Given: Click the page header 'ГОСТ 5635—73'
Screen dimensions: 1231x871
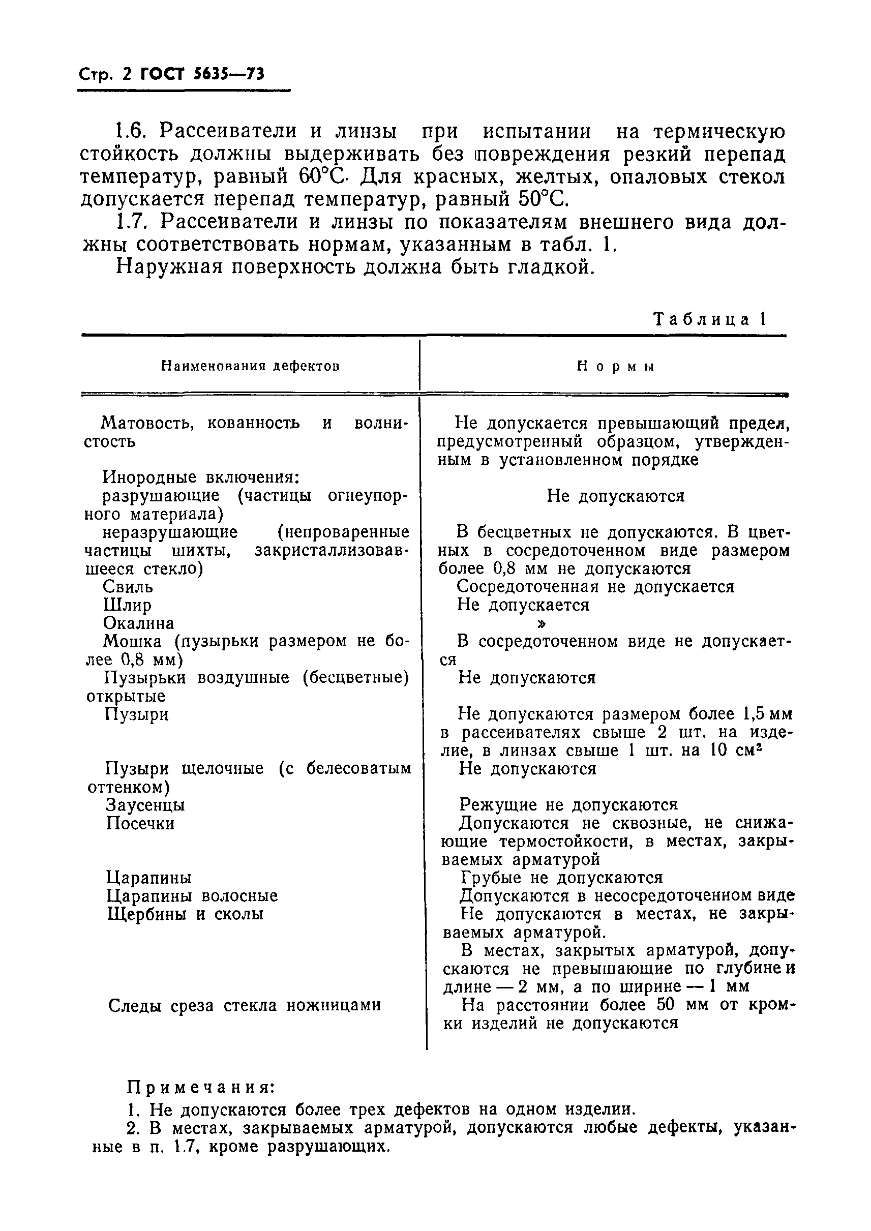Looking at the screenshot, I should point(202,75).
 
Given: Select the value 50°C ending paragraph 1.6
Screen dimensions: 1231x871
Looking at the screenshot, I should point(542,199).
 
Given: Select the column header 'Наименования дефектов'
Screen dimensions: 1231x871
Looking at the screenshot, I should point(250,367).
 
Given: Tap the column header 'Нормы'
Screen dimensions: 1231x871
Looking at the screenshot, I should point(615,367).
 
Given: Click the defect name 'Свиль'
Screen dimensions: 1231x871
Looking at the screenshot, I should point(128,587).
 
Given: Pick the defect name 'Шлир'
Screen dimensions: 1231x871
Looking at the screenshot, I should point(127,605).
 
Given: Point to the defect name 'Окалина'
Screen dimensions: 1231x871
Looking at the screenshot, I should point(138,623).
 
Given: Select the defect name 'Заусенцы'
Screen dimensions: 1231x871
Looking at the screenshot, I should point(145,805).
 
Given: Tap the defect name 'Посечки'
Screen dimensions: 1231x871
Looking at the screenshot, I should point(140,823).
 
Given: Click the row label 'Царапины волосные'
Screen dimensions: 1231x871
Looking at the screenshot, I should point(192,896).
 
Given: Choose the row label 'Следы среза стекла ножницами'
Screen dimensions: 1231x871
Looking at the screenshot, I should point(245,1005).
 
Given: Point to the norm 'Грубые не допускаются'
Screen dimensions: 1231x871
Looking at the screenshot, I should point(561,878).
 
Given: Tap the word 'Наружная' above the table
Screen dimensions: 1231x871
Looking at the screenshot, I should point(169,266).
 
